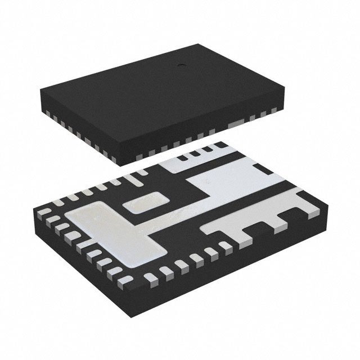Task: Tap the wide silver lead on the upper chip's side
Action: [237, 123]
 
